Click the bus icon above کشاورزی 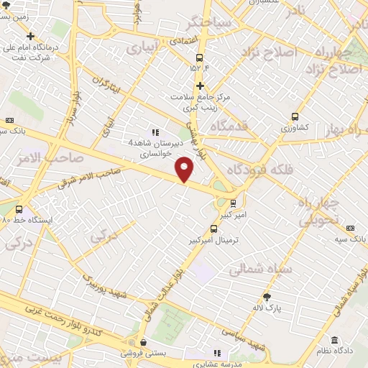point(295,116)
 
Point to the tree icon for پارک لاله point(268,296)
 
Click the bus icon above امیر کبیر point(233,203)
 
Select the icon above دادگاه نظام point(335,340)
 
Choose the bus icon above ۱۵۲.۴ point(199,58)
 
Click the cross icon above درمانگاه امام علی point(29,36)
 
